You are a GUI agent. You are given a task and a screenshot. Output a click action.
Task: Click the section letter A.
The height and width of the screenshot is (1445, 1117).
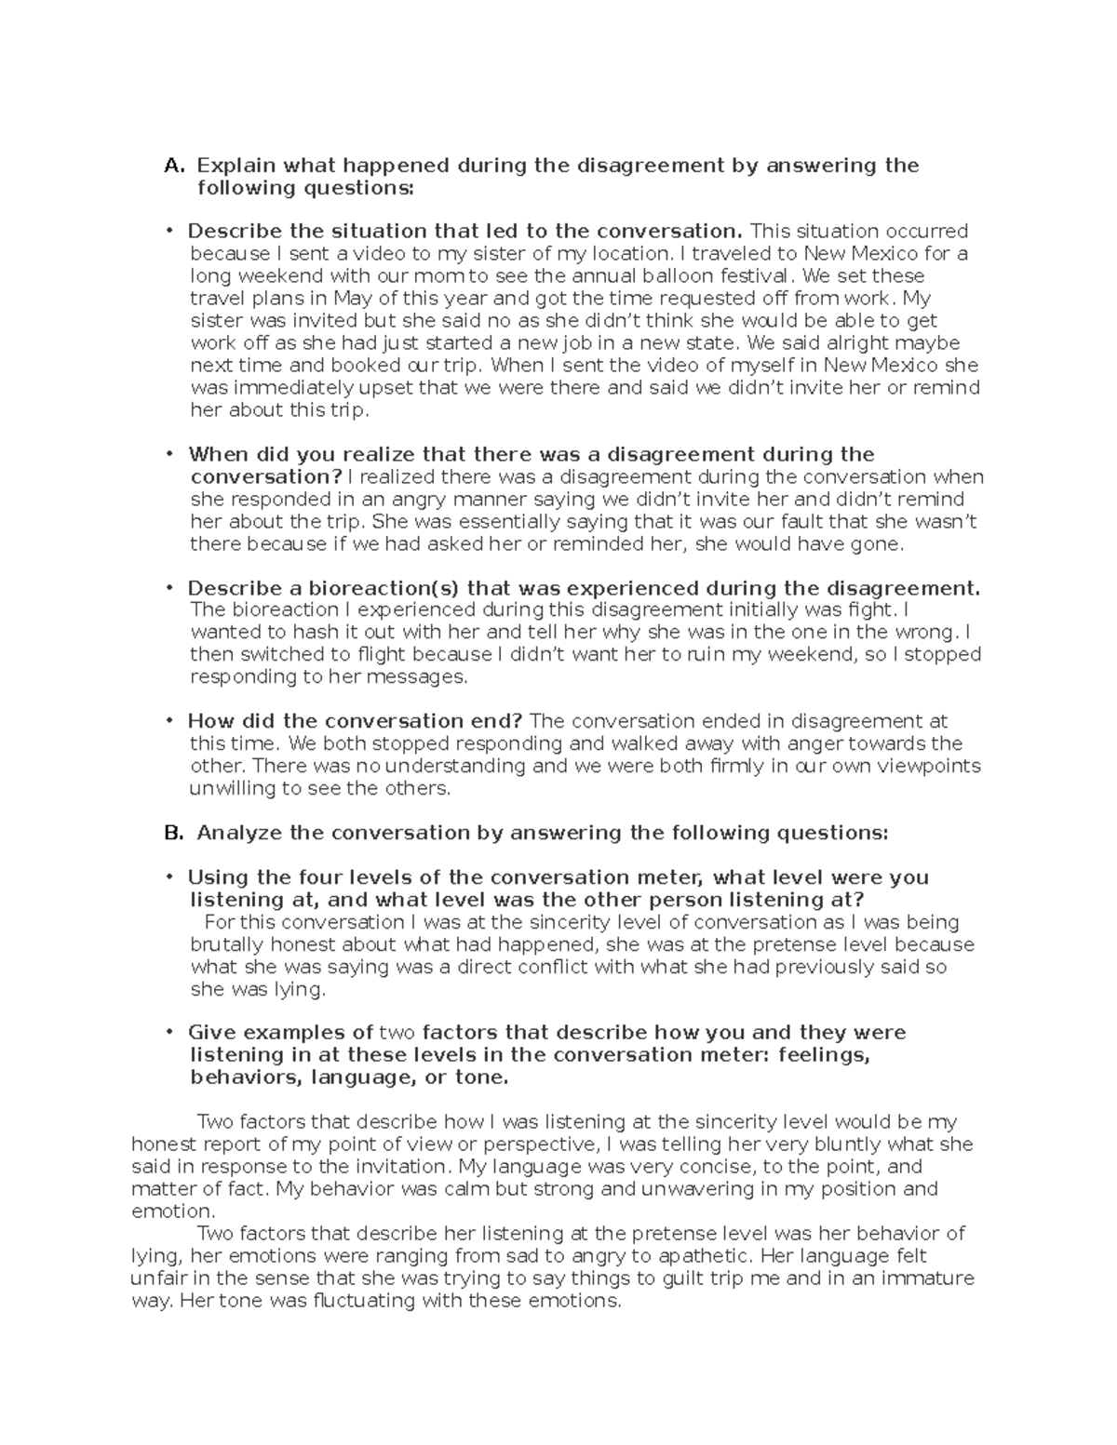pos(174,167)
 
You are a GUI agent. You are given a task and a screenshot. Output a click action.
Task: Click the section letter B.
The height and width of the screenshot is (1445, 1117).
pos(174,834)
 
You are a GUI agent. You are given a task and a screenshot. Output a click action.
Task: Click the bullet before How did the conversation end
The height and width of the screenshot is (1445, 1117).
pos(169,721)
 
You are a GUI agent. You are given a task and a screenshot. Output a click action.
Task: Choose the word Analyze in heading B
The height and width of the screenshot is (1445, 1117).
pos(239,834)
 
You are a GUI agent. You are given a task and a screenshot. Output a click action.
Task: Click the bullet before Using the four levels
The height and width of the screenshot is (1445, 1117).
pos(169,877)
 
